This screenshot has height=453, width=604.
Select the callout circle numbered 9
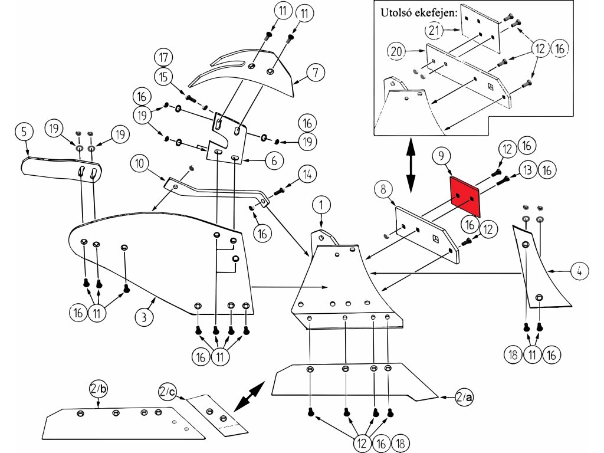tap(442, 157)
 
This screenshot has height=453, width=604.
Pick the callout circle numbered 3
tap(144, 317)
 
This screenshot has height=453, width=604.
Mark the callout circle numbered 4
tap(579, 271)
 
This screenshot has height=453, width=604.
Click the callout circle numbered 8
tap(383, 190)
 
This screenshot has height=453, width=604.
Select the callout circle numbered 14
tap(307, 174)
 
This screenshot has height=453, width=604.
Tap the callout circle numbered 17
tap(164, 58)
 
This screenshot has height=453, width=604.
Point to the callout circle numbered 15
tap(164, 77)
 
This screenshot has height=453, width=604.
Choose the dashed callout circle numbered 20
tap(397, 52)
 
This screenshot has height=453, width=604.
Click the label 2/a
tap(463, 398)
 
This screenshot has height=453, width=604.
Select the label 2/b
tap(98, 389)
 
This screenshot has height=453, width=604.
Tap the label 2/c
tap(166, 391)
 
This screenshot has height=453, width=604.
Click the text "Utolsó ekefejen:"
tap(419, 12)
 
